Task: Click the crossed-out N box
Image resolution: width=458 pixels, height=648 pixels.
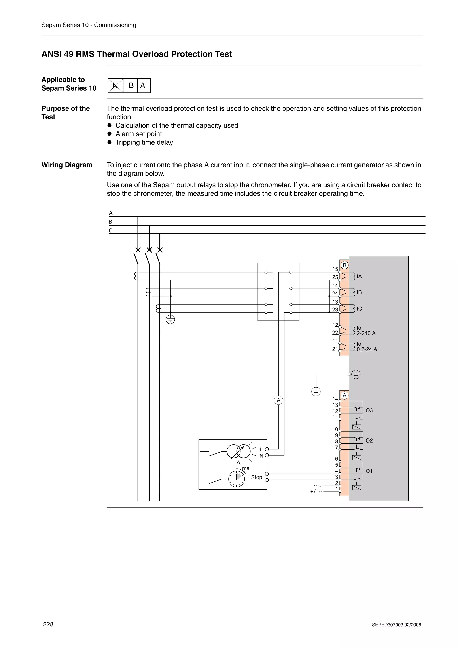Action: point(115,85)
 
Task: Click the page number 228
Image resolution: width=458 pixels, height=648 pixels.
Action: point(48,624)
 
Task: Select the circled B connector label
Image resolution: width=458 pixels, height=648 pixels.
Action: point(344,265)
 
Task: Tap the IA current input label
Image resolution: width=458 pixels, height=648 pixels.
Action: point(359,277)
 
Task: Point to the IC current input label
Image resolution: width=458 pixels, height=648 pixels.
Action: point(359,309)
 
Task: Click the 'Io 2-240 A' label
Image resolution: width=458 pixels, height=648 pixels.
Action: point(366,330)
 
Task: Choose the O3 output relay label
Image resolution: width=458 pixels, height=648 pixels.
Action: point(369,410)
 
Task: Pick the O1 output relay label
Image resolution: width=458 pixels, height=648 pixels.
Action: point(369,471)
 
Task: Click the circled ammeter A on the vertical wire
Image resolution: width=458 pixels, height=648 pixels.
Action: point(278,400)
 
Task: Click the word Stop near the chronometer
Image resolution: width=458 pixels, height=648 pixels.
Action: point(257,477)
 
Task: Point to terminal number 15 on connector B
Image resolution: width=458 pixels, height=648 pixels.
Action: point(335,269)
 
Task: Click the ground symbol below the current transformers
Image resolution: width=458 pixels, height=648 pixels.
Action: point(170,320)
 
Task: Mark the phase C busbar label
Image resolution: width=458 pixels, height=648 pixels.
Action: point(111,230)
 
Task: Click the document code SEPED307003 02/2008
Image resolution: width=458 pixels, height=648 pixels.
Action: point(396,625)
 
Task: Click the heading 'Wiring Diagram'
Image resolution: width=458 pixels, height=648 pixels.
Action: point(67,165)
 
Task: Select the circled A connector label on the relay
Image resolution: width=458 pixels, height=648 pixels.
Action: point(344,395)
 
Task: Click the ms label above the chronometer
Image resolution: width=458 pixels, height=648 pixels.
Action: point(246,468)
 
